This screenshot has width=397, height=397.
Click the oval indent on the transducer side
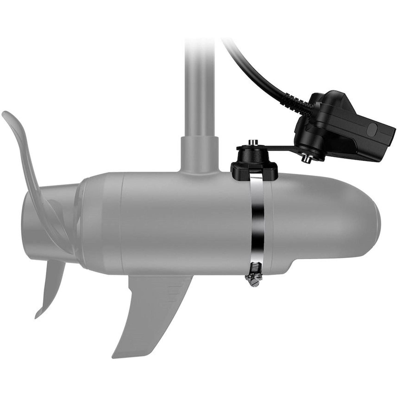point(373,128)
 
